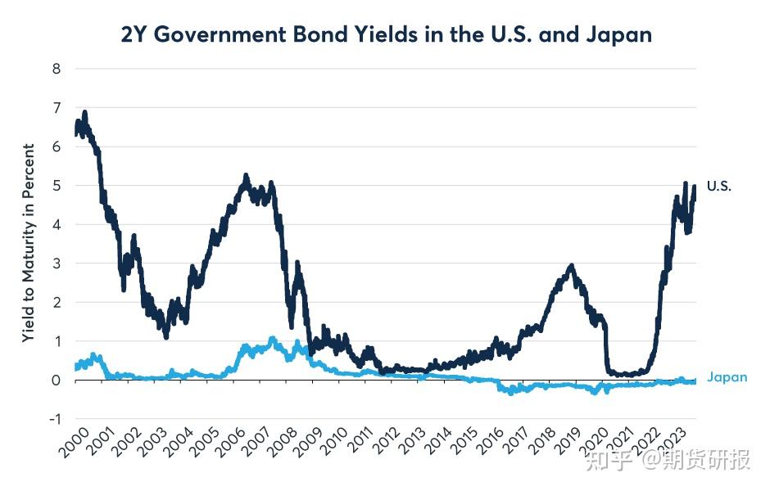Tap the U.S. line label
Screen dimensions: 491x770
pyautogui.click(x=718, y=187)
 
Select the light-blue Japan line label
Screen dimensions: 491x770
pyautogui.click(x=727, y=378)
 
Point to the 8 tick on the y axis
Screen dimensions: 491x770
pyautogui.click(x=57, y=69)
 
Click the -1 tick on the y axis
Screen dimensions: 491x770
pyautogui.click(x=54, y=419)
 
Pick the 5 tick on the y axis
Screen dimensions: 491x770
pyautogui.click(x=57, y=186)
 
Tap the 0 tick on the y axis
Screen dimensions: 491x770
pyautogui.click(x=57, y=381)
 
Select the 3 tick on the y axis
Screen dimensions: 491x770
pyautogui.click(x=57, y=264)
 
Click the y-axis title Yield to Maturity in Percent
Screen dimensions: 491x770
pyautogui.click(x=29, y=243)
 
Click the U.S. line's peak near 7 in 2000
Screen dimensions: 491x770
pyautogui.click(x=85, y=112)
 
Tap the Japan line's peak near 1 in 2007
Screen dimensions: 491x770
pyautogui.click(x=272, y=338)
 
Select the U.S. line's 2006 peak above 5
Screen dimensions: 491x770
pyautogui.click(x=246, y=176)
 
